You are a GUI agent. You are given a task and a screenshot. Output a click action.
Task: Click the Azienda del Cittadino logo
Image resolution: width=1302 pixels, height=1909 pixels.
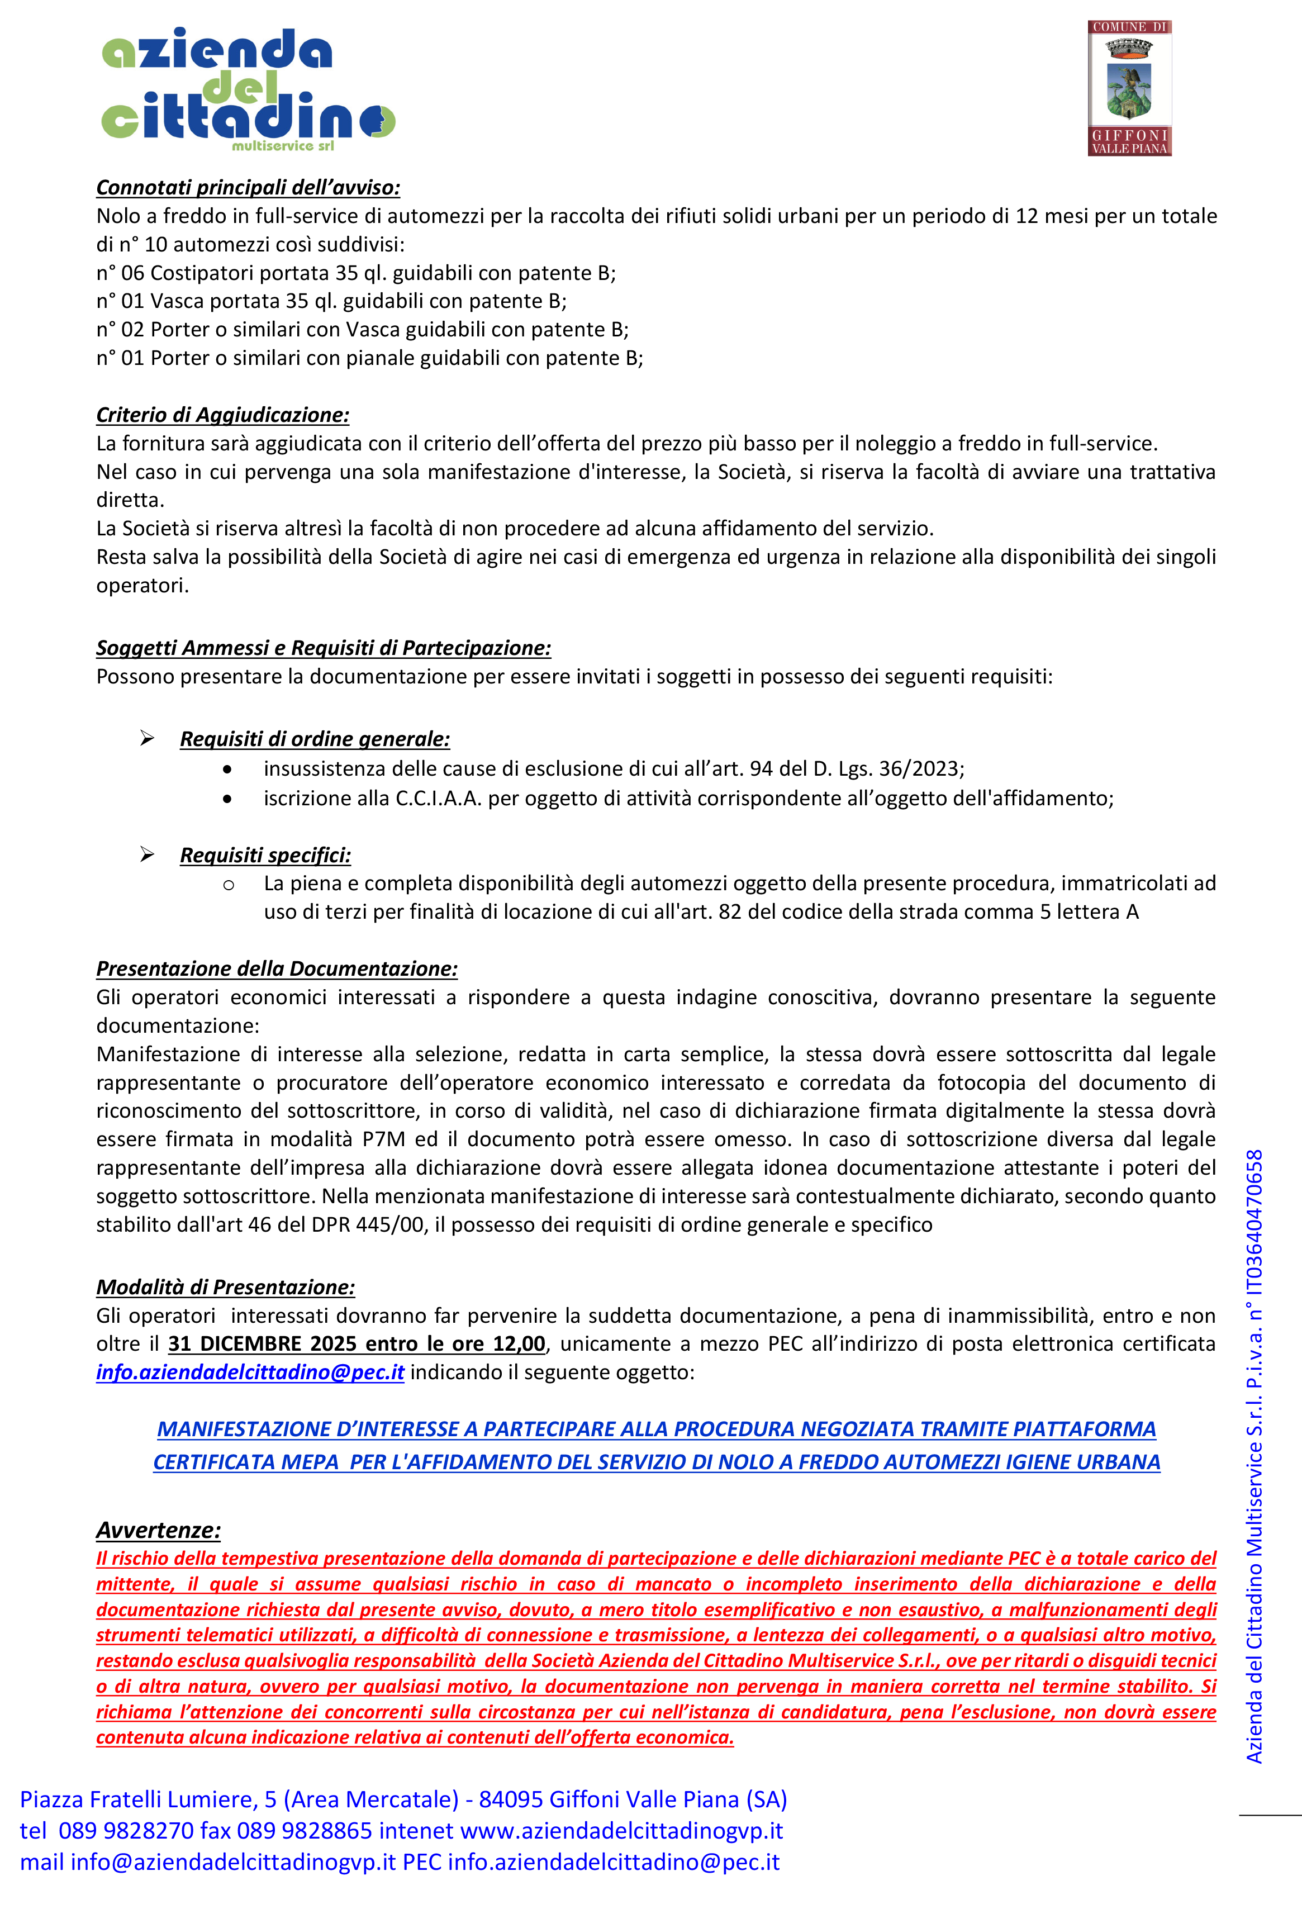[247, 89]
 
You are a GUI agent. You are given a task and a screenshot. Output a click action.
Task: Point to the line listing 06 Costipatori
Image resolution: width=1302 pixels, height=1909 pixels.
[356, 273]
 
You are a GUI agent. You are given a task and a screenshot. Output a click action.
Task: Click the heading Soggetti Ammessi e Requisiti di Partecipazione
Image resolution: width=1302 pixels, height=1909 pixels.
[324, 648]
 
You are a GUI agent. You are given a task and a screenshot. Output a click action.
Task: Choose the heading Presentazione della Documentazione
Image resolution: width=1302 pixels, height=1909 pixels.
[277, 969]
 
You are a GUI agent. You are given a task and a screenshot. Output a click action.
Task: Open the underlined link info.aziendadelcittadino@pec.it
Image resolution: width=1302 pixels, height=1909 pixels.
[250, 1373]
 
